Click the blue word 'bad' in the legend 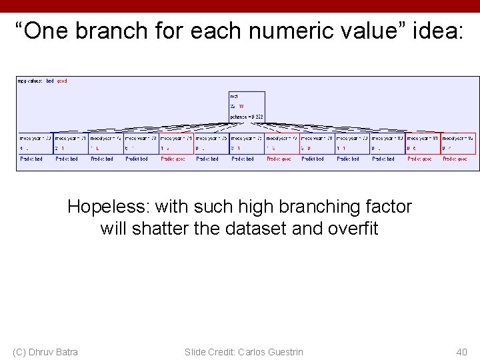(x=50, y=81)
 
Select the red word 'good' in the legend (x=62, y=81)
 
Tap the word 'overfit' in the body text (x=353, y=229)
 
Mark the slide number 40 (x=461, y=351)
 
